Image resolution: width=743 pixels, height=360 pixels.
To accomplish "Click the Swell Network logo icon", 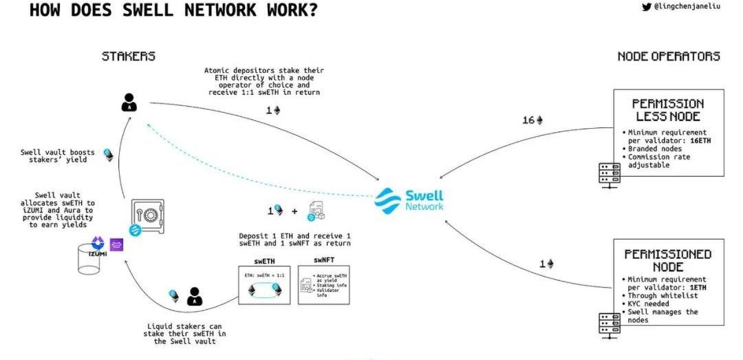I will click(x=388, y=199).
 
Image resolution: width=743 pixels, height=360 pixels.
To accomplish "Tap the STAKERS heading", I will click(x=129, y=56).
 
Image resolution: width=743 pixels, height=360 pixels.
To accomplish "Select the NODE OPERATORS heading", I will click(x=669, y=56).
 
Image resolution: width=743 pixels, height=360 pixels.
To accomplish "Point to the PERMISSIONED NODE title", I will click(x=668, y=260).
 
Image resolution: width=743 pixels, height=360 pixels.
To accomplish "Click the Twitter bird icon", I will click(x=646, y=8).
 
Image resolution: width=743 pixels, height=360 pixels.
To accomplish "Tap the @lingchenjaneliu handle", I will click(x=687, y=8).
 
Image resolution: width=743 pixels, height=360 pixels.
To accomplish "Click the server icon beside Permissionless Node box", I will click(x=608, y=171).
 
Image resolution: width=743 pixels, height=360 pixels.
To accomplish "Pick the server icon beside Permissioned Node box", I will click(x=608, y=322).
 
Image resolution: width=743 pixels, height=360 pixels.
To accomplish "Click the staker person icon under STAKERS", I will click(x=129, y=103).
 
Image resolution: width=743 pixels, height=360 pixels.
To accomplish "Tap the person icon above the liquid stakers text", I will click(x=195, y=296).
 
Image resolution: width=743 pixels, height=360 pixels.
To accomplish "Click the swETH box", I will click(x=263, y=283).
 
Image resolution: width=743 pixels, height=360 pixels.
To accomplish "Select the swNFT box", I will click(x=323, y=283).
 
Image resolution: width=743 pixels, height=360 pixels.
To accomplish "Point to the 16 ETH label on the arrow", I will click(x=532, y=120).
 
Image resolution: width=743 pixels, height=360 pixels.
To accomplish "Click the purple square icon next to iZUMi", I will click(x=117, y=243).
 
